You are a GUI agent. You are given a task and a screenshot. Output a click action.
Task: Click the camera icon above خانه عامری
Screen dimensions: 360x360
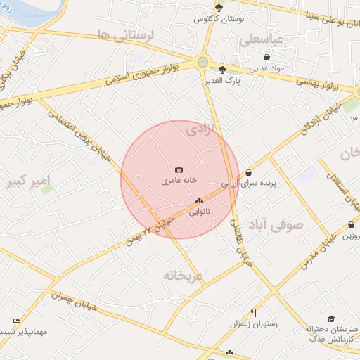point(179,169)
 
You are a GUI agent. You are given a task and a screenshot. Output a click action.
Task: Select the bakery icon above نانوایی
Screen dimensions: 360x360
point(199,200)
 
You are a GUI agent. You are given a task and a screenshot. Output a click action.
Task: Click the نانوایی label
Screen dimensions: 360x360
point(200,210)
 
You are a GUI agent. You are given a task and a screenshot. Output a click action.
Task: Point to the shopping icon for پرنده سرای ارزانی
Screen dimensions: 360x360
point(248,172)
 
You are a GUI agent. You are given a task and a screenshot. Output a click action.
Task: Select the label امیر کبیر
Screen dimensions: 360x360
point(29,182)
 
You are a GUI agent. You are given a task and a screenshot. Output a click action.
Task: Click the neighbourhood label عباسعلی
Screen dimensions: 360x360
point(261,40)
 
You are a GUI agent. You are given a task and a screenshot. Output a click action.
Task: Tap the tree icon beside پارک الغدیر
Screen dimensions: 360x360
point(223,69)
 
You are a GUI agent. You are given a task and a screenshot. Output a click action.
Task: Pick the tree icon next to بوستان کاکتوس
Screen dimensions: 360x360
point(219,8)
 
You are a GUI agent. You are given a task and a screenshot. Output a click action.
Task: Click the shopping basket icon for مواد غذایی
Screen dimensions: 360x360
point(266,57)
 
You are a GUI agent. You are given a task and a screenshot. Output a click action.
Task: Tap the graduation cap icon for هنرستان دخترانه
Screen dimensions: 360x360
point(331,318)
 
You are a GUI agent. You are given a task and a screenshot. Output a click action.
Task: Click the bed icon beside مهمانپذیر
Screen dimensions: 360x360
point(17,321)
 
